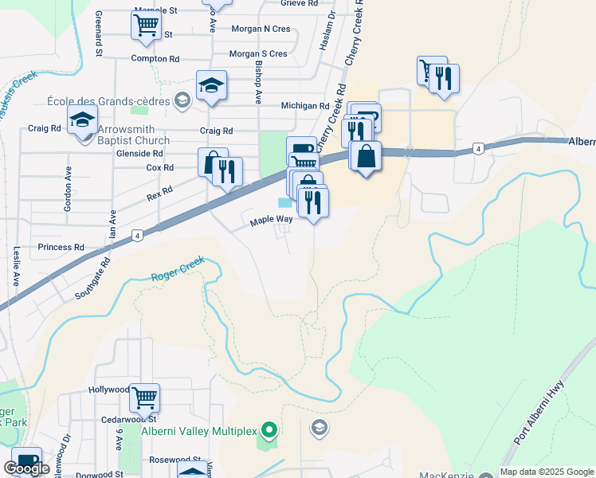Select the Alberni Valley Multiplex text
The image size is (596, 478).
(199, 431)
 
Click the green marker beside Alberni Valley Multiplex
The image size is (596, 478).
(269, 431)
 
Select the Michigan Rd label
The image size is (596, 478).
(304, 106)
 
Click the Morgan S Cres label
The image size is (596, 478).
(257, 54)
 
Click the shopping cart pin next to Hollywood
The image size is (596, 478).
(144, 396)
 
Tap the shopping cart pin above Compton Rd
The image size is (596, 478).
(146, 25)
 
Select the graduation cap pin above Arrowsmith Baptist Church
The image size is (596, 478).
(83, 121)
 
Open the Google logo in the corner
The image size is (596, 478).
(27, 468)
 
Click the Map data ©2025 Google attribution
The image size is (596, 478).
(547, 472)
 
